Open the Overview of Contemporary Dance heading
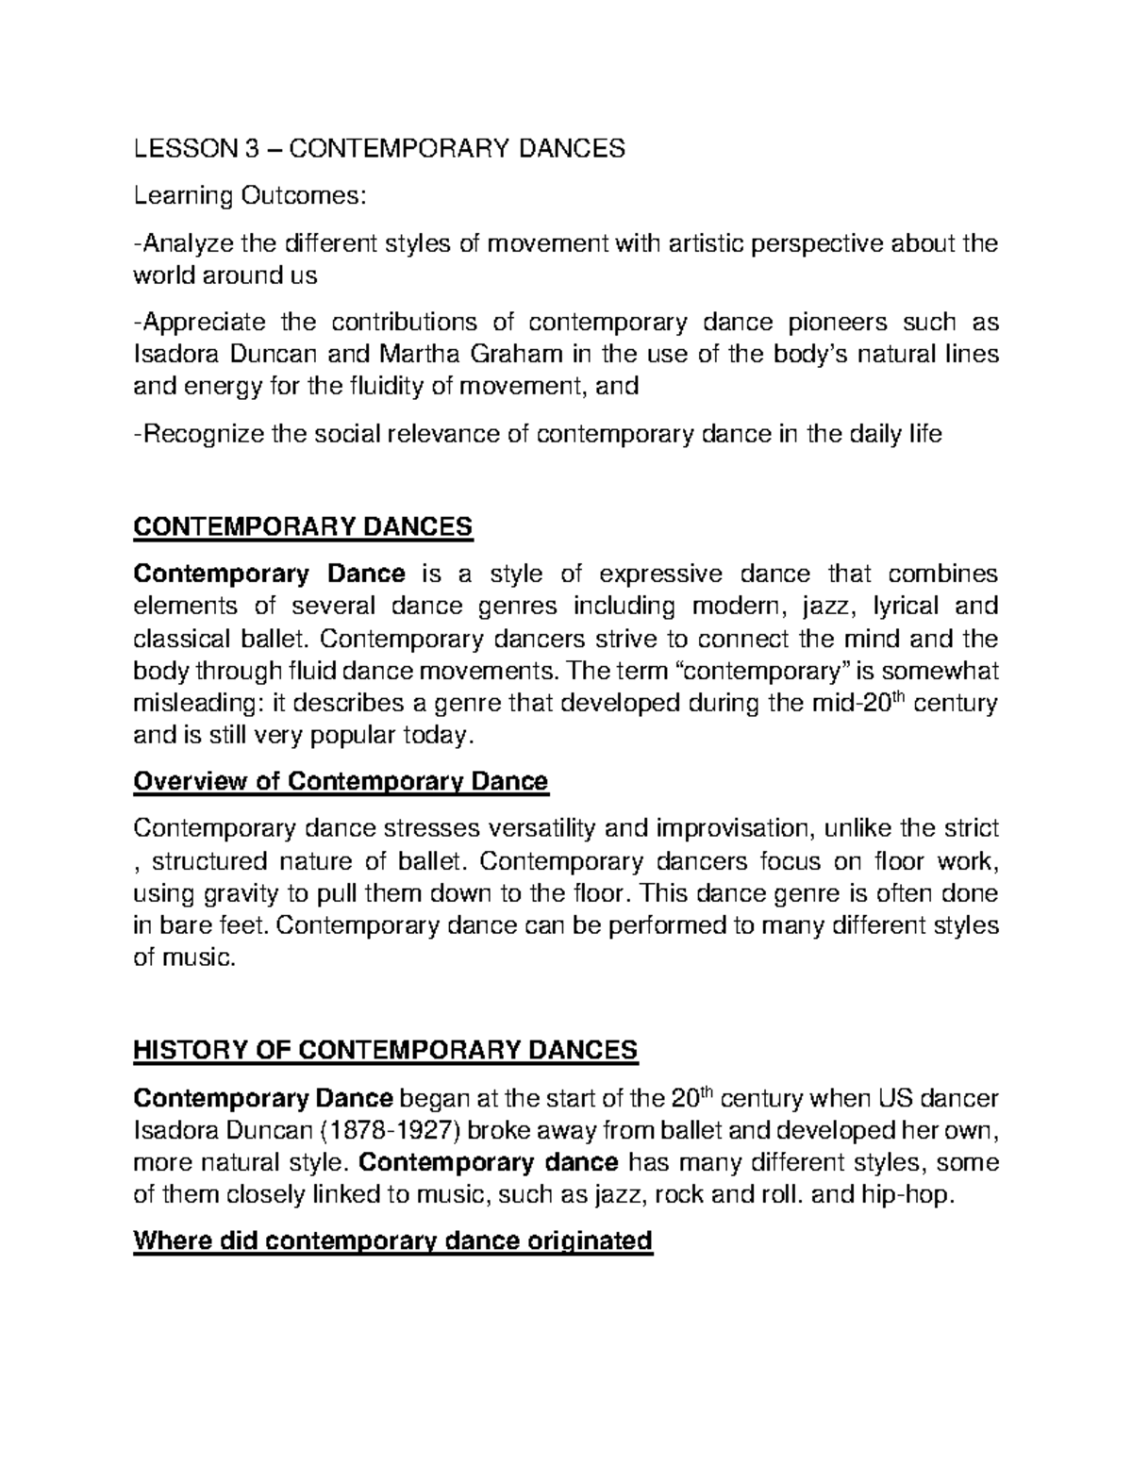[341, 781]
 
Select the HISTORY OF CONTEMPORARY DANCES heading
[386, 1050]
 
